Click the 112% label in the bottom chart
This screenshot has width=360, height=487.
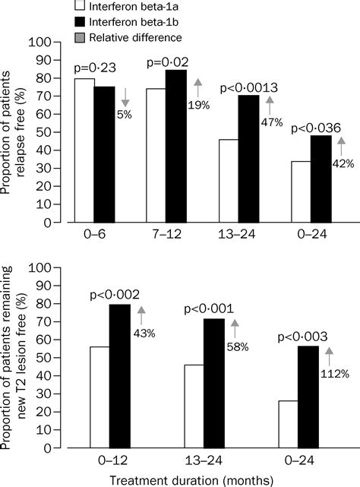pyautogui.click(x=336, y=374)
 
